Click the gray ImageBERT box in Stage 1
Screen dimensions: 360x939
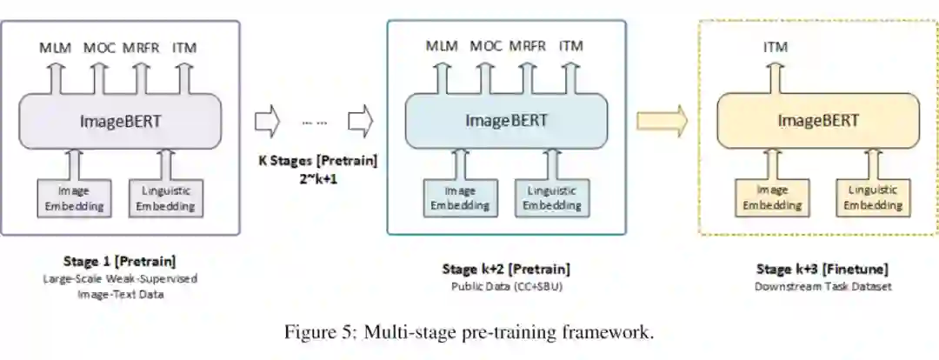[x=120, y=120]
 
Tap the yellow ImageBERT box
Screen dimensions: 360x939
[x=817, y=120]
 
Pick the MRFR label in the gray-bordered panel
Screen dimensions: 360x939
[x=140, y=48]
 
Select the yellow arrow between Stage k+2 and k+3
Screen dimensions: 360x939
[x=662, y=120]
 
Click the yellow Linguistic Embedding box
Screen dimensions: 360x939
[x=872, y=197]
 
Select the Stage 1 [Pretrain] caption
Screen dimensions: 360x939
[x=119, y=261]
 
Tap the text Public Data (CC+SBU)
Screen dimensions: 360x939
[x=506, y=285]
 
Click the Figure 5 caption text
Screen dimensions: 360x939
[x=469, y=331]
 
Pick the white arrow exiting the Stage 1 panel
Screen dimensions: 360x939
[x=267, y=122]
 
